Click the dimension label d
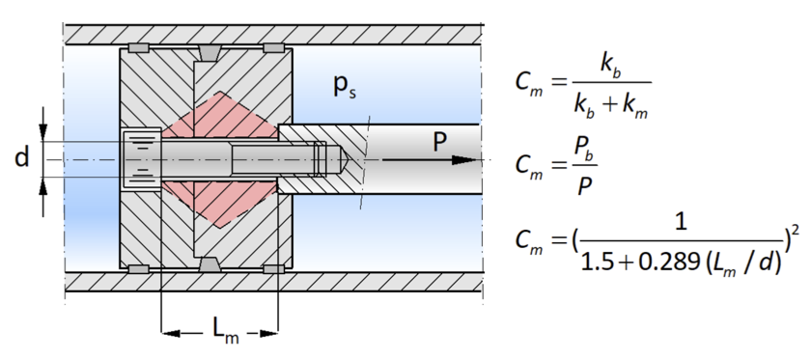coord(21,156)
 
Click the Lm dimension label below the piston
coord(226,329)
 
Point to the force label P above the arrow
coord(439,142)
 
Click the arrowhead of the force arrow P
coord(466,160)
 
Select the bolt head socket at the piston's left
coord(142,159)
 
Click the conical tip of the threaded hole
coord(344,159)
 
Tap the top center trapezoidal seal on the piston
coord(209,52)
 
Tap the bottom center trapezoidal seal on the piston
coord(209,263)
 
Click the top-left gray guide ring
coord(139,48)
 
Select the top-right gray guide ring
coord(273,48)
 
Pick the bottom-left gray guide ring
coord(139,269)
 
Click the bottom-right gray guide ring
coord(273,269)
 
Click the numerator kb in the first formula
coord(610,66)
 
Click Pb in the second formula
coord(584,152)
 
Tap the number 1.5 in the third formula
coord(597,263)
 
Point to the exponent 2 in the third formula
coord(795,229)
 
